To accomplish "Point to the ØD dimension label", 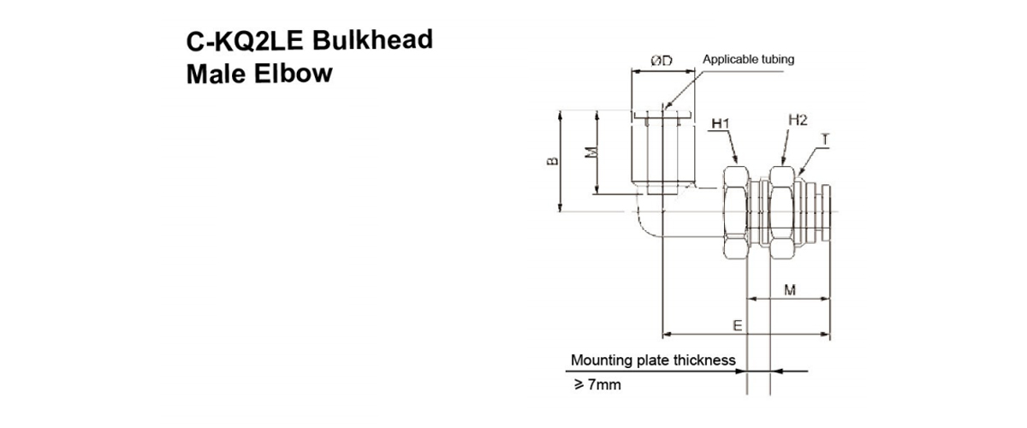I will tap(660, 61).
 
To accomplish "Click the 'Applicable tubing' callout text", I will tap(748, 60).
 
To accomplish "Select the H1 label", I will tap(720, 124).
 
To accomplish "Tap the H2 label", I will tap(797, 121).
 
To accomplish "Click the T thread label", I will tap(823, 139).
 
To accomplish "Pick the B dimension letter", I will tap(553, 160).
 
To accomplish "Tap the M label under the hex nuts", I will tap(790, 290).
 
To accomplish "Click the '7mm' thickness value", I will tap(603, 385).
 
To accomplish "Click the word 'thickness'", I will tap(704, 360).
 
